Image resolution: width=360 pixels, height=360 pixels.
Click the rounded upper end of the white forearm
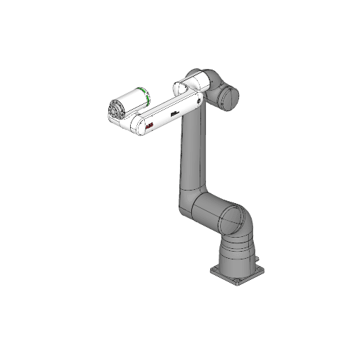tap(185, 88)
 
